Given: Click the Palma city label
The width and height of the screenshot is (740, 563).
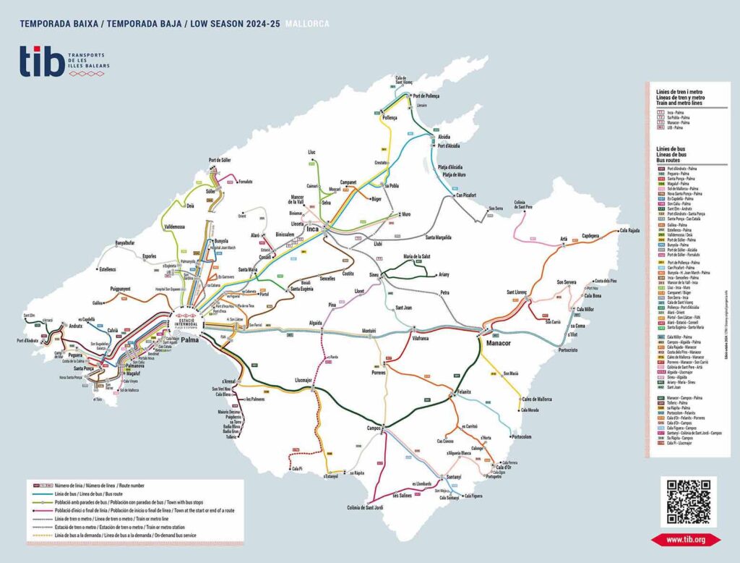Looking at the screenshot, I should pyautogui.click(x=189, y=339).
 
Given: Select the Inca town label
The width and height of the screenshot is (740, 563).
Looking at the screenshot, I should pyautogui.click(x=313, y=229).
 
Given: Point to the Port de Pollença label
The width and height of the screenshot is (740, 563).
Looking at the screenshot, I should pyautogui.click(x=426, y=96).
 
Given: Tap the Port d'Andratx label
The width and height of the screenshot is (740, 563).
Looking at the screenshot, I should pyautogui.click(x=30, y=341).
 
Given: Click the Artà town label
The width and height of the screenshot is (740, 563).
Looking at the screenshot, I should pyautogui.click(x=564, y=238).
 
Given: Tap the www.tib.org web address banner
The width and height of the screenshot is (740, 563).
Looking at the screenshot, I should pyautogui.click(x=686, y=539).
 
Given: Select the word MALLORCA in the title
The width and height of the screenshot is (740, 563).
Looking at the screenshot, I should pyautogui.click(x=307, y=24).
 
